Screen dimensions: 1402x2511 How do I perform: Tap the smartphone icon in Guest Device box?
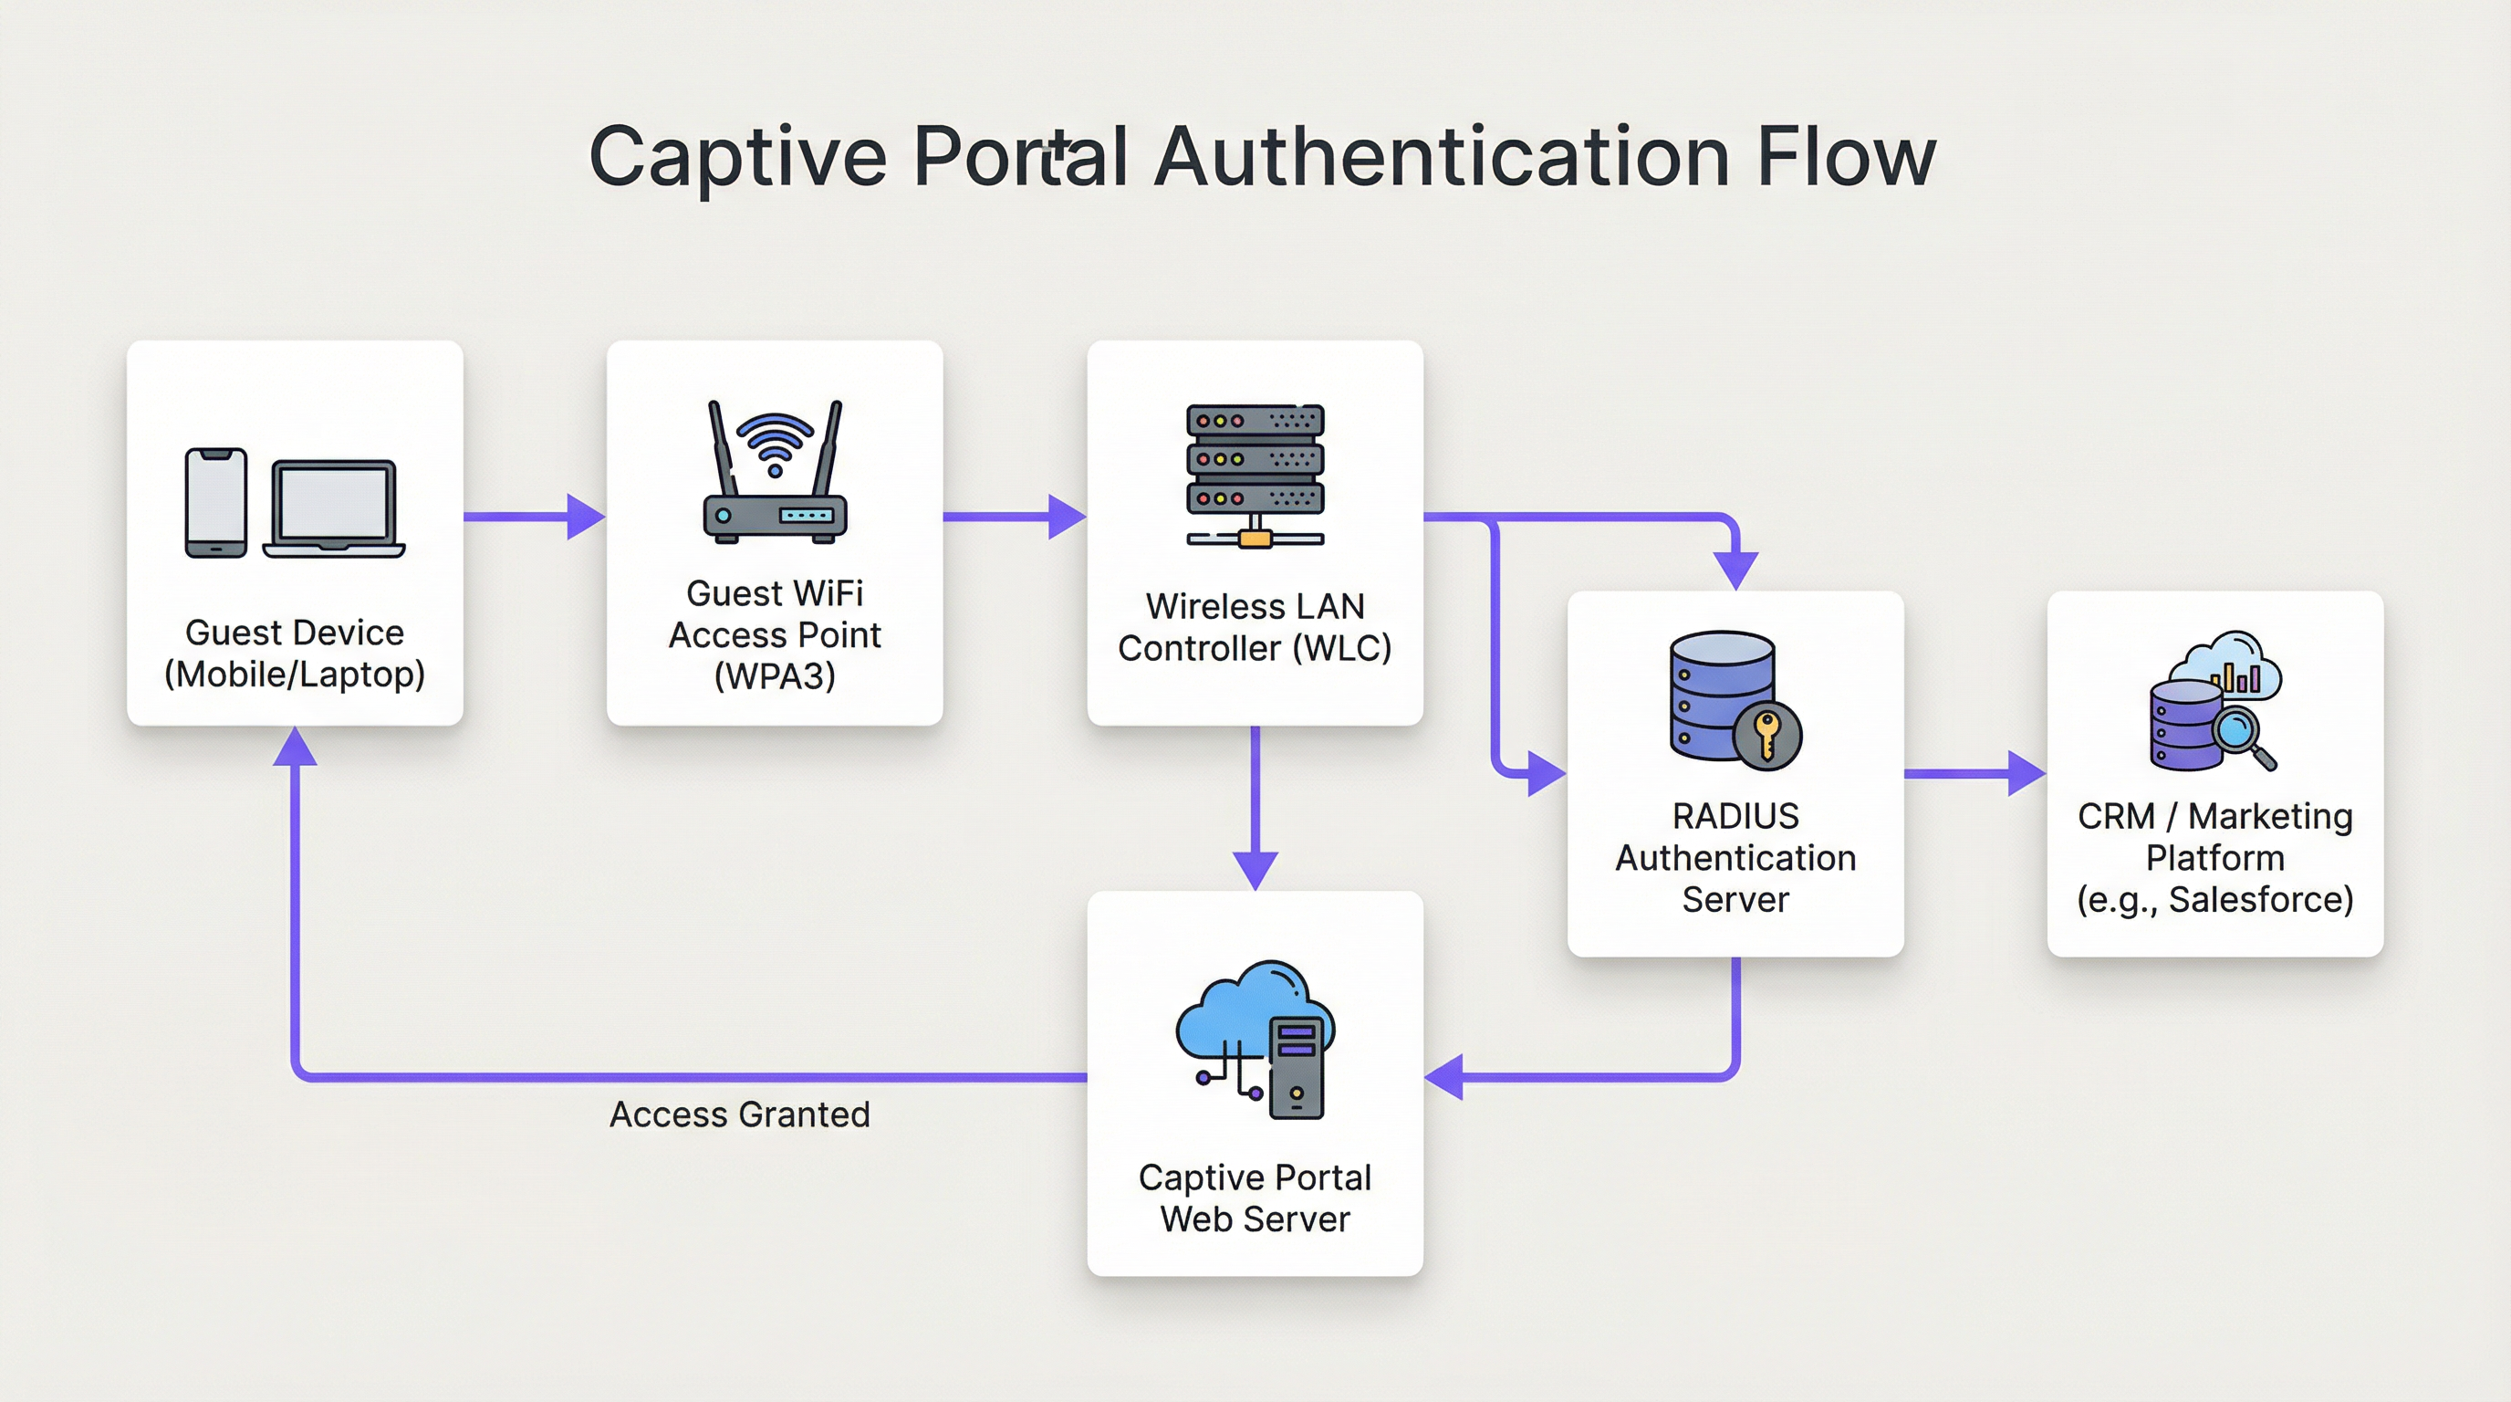point(215,503)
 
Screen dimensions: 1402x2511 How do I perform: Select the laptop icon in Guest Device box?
point(334,509)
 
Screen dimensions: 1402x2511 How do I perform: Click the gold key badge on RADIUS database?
point(1766,735)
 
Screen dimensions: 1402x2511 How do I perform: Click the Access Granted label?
point(739,1114)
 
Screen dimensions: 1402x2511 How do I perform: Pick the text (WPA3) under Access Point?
point(775,675)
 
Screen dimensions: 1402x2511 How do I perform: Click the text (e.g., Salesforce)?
point(2214,899)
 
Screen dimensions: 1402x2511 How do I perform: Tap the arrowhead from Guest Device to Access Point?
point(585,517)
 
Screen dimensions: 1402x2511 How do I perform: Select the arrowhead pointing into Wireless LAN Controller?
point(1067,517)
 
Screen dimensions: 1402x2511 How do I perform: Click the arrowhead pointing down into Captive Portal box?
point(1255,869)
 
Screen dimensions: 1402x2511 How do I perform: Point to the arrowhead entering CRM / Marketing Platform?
point(2026,774)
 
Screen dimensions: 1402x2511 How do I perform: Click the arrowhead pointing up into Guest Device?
point(295,748)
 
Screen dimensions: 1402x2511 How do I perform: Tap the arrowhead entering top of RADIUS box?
point(1736,570)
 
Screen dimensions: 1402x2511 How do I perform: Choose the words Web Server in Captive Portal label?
point(1255,1219)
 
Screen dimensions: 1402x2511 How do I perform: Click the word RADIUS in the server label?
point(1735,816)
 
